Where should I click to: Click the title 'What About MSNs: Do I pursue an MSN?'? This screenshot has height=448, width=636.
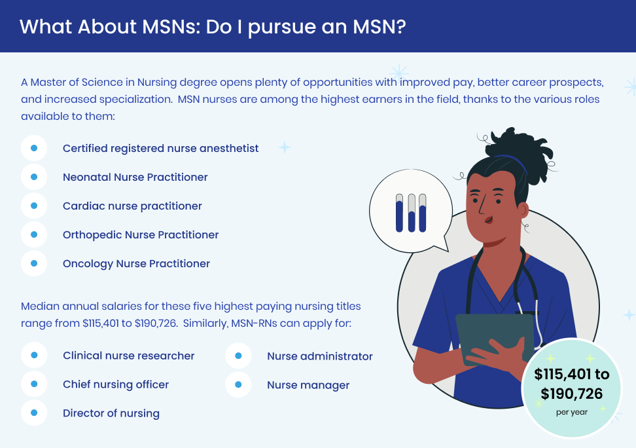coord(213,27)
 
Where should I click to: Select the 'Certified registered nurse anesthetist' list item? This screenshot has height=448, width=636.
coord(160,148)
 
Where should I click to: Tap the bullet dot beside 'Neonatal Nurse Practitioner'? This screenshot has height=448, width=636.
coord(34,177)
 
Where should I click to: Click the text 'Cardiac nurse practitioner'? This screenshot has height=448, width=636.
coord(132,206)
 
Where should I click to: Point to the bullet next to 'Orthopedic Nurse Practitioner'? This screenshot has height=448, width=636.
coord(34,234)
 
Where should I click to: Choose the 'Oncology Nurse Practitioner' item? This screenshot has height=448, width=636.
coord(136,263)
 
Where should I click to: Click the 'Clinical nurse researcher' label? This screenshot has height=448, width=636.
coord(129,356)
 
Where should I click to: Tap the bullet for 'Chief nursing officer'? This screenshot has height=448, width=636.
coord(34,384)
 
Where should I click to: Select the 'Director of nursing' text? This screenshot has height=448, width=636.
coord(111,413)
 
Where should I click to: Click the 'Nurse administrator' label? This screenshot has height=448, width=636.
coord(319,356)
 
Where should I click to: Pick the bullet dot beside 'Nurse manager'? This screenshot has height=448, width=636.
coord(238,384)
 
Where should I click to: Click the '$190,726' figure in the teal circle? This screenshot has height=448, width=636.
coord(571,394)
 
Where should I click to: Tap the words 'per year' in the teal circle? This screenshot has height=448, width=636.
coord(572,412)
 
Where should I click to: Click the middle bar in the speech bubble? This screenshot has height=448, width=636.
coord(412,214)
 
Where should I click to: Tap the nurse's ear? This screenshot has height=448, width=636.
coord(523,210)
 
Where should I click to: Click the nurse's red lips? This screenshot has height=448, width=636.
coord(489,220)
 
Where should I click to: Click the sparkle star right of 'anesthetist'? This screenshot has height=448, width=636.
coord(285,147)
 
